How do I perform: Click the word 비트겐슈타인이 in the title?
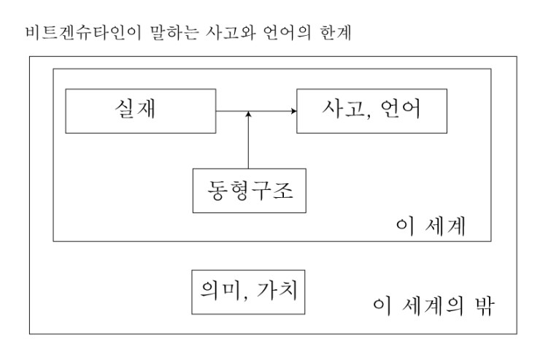84,33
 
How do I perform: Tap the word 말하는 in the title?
174,33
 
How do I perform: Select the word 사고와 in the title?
231,33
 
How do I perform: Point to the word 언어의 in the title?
287,33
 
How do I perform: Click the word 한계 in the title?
336,33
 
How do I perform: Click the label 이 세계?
431,226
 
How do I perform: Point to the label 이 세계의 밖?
434,305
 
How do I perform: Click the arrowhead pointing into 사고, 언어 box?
294,111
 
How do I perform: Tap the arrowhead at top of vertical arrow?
248,114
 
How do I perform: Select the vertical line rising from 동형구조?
248,140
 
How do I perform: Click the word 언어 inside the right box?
401,109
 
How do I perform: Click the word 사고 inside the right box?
343,109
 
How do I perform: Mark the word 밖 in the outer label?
485,305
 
